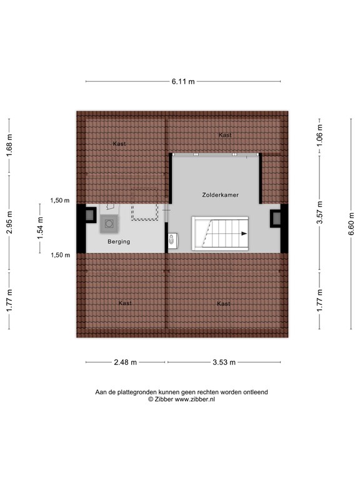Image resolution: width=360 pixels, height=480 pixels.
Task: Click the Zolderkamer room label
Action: coord(220,195)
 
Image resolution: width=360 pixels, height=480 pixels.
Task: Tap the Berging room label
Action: coord(118,241)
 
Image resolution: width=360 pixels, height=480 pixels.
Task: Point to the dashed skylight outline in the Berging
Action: coord(144,212)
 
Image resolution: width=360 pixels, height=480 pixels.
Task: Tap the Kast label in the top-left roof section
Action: coord(119,144)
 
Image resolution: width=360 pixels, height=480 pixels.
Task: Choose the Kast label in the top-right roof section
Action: coord(225,135)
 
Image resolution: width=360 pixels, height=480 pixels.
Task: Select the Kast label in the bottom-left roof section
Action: coord(125,303)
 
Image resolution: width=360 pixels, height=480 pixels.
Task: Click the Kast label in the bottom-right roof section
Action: coord(223,304)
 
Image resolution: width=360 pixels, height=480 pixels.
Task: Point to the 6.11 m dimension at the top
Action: coord(183,81)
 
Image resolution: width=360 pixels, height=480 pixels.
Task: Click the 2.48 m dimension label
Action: coord(126,362)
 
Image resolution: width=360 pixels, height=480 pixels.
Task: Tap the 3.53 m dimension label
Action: coord(223,362)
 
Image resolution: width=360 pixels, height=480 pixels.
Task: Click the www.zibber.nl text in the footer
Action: coord(195,399)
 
